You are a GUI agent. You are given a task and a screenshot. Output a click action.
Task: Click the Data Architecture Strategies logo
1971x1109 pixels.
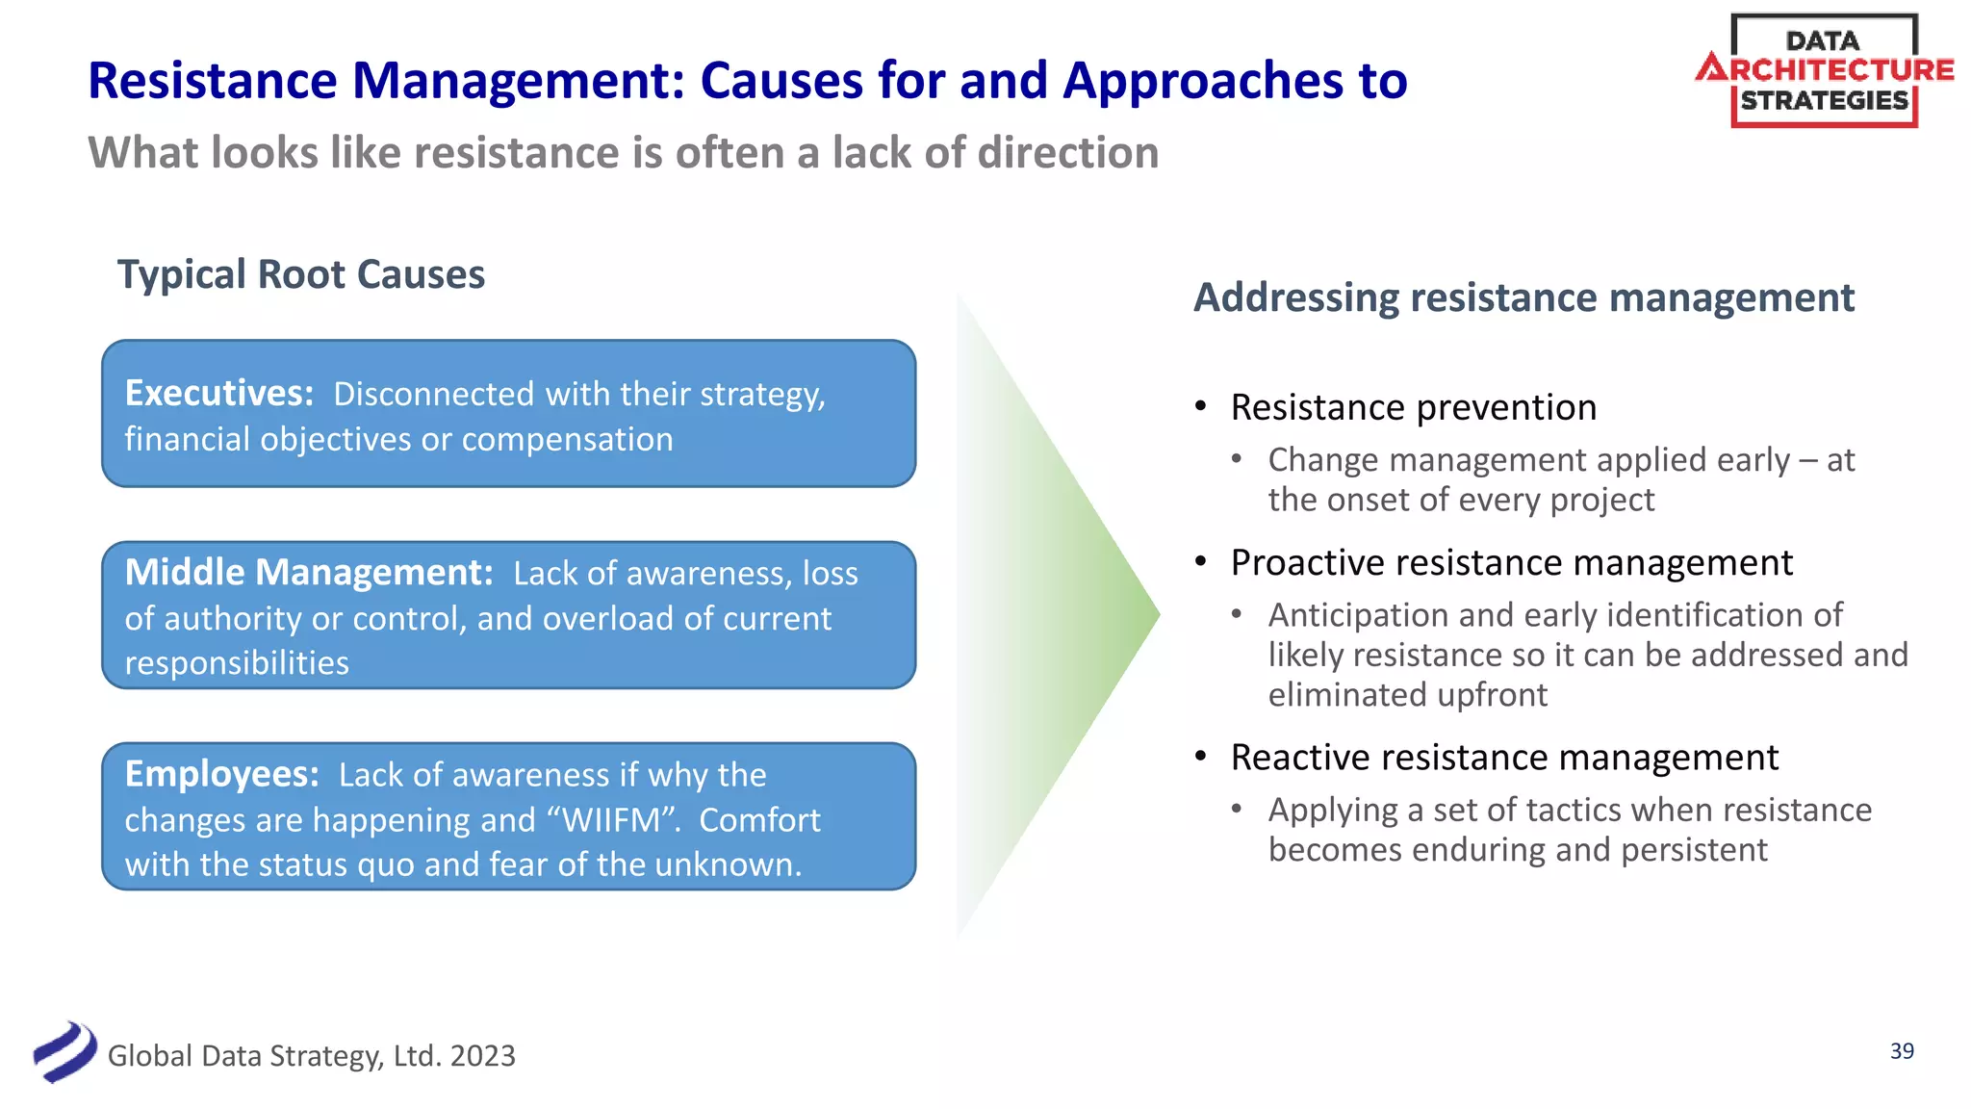1824,71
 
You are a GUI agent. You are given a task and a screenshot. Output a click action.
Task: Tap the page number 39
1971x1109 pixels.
1902,1051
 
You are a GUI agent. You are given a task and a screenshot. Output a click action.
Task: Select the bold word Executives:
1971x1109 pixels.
219,393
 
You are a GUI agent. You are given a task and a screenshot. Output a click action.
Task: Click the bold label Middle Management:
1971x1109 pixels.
309,572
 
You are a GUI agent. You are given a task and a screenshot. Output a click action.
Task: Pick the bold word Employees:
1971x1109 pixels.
222,774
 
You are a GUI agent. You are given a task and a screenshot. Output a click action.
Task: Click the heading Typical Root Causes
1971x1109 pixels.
300,274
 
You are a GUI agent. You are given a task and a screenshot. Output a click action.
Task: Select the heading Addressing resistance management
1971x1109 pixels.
1523,297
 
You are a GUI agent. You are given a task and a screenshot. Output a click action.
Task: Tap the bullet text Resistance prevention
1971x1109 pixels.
1413,407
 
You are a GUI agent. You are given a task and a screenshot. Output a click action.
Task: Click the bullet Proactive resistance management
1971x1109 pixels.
1511,562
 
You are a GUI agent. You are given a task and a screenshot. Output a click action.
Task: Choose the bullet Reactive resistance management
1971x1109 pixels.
1504,758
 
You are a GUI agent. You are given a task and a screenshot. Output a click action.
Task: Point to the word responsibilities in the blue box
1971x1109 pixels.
237,663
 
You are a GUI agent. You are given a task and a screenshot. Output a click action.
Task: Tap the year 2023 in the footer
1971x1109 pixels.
482,1056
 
